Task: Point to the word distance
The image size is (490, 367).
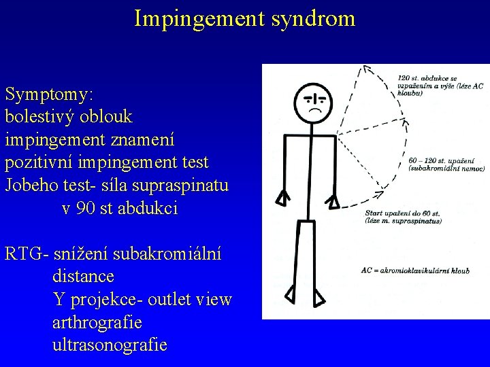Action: click(x=83, y=277)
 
